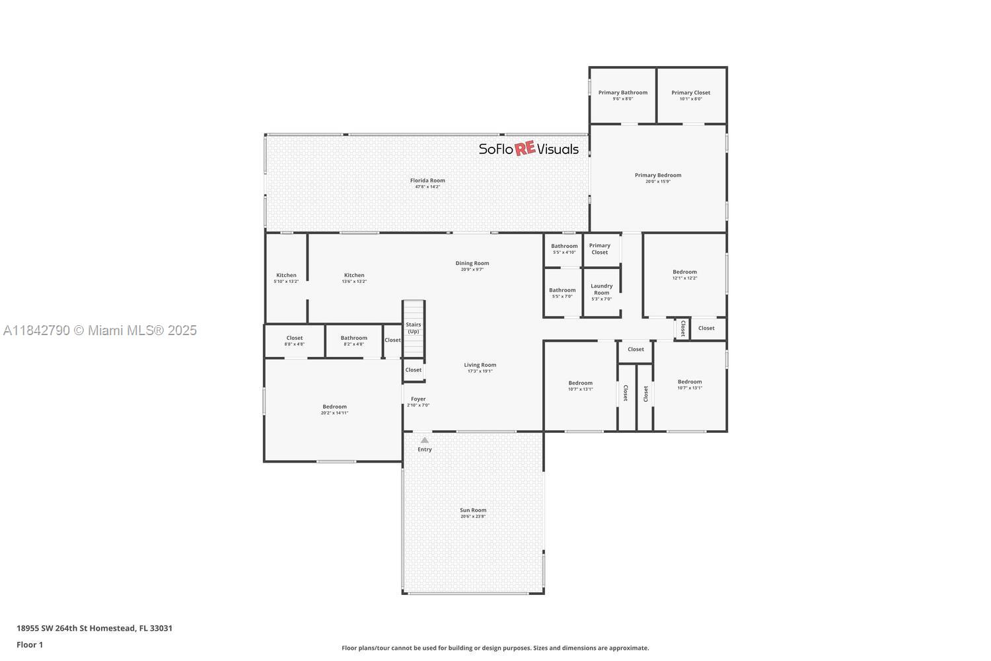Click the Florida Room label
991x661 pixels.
coord(427,180)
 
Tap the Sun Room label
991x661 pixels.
coord(473,510)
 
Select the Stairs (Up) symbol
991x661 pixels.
coord(414,328)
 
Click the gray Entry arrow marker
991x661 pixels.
coord(425,440)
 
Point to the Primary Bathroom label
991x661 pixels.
coord(623,93)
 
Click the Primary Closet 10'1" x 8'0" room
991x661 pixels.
coord(691,95)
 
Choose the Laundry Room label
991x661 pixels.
coord(601,290)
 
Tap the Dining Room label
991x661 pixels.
coord(472,263)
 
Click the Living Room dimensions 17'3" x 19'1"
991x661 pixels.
coord(480,371)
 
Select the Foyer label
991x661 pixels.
coord(418,399)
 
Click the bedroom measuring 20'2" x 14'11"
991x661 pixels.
coord(334,410)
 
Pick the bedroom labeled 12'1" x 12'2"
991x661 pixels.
coord(684,275)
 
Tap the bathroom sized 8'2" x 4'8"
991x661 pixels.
coord(354,341)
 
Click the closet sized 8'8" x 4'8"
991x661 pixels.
coord(295,341)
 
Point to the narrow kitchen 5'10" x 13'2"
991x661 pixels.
coord(286,278)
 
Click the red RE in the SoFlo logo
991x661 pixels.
coord(525,149)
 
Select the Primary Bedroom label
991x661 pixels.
coord(658,175)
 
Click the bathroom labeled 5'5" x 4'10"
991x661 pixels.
coord(564,249)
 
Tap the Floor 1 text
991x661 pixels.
coord(30,644)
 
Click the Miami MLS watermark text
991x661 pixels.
coord(100,330)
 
